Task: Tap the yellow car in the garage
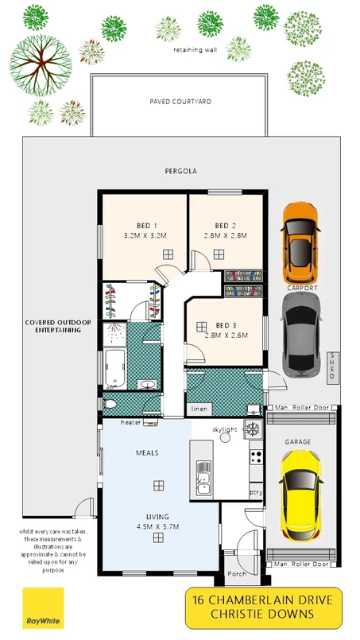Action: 301,491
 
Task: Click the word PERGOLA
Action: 180,171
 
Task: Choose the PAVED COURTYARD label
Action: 180,102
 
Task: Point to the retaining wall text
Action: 195,49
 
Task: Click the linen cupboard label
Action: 199,409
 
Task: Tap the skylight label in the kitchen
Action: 225,429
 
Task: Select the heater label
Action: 131,422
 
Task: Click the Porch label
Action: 237,573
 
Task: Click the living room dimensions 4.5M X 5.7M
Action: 159,525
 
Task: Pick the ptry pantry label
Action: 255,492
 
